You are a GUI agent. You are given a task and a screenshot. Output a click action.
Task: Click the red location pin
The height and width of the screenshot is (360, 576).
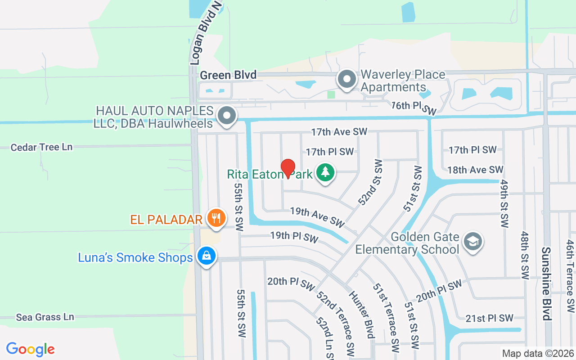point(288,168)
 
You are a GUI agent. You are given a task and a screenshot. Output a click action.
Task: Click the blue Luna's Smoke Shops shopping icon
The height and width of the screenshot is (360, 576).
point(206,256)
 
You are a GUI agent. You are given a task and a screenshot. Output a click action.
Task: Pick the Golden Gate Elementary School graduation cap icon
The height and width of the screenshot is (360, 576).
point(473,242)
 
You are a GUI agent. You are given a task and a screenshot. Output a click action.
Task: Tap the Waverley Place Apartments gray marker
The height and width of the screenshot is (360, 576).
point(347,80)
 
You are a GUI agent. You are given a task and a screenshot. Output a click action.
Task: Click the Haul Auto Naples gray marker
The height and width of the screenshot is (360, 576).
point(227,116)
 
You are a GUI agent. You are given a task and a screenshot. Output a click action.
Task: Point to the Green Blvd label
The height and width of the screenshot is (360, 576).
point(228,75)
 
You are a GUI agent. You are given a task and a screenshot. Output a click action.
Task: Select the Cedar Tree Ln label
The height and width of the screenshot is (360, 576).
point(41,147)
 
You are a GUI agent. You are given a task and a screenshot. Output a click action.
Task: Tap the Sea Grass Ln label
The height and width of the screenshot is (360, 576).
point(45,317)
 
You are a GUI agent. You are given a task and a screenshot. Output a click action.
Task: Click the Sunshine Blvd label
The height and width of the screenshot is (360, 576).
point(546,283)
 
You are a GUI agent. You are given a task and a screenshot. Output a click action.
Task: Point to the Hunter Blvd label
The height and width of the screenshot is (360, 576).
point(361,314)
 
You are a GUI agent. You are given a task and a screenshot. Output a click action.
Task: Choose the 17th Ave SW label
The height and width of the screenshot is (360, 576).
point(339,131)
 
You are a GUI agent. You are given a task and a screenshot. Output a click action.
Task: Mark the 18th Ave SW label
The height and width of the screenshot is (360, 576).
point(475,170)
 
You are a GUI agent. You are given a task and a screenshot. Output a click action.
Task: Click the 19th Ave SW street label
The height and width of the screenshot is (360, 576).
point(317,216)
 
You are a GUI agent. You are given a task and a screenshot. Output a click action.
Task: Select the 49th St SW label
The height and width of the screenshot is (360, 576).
point(504,203)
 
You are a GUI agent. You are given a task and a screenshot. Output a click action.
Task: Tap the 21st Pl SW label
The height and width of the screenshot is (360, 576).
point(489,318)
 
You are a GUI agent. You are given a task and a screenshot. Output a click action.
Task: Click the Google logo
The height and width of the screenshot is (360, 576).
point(31,349)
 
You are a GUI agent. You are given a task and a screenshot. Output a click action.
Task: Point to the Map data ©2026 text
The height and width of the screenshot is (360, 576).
point(538,353)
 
